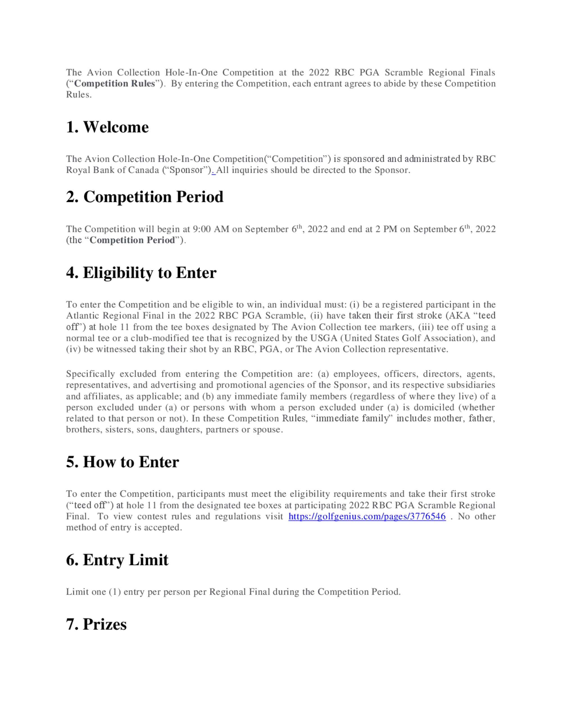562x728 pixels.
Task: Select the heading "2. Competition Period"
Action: click(144, 197)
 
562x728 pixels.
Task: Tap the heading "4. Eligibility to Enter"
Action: click(141, 273)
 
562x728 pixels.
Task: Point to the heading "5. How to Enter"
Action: click(123, 462)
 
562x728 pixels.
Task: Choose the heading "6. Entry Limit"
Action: click(117, 560)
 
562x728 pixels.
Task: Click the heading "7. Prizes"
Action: click(96, 624)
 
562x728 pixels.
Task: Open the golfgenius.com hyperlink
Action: click(367, 516)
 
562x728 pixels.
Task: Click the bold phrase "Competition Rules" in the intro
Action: click(115, 83)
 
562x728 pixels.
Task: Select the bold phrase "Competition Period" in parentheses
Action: click(132, 240)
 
